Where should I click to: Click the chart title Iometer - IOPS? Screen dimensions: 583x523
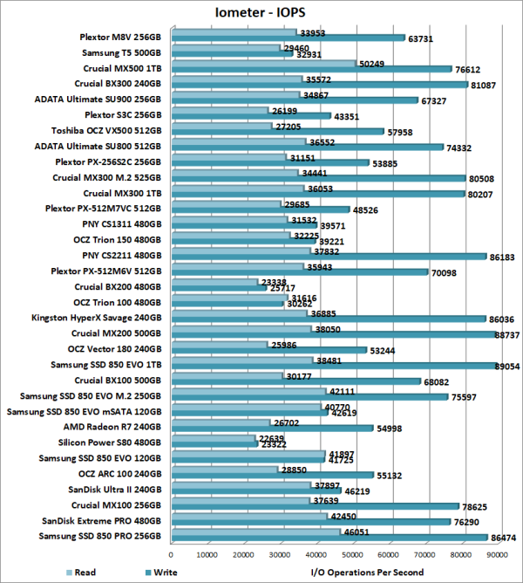click(x=261, y=13)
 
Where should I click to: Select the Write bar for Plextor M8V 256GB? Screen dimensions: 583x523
click(x=288, y=39)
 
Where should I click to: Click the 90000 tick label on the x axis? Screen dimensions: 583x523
click(x=499, y=553)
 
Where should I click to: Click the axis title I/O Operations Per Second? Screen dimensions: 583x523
click(x=366, y=573)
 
